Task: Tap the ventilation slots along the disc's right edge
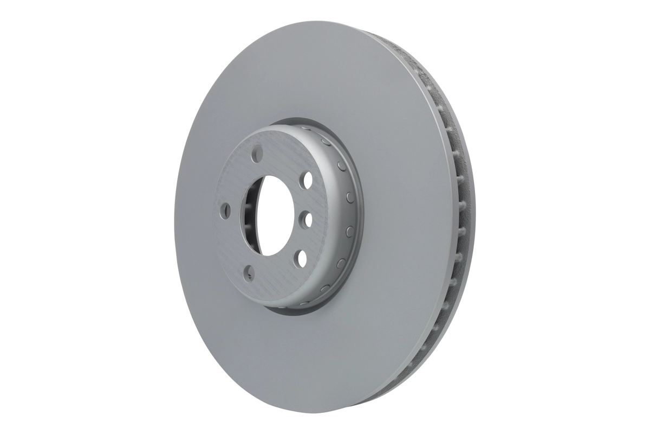[x=458, y=217]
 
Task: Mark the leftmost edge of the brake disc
[x=175, y=217]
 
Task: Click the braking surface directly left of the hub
[x=195, y=217]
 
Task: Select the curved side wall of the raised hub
[x=347, y=217]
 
